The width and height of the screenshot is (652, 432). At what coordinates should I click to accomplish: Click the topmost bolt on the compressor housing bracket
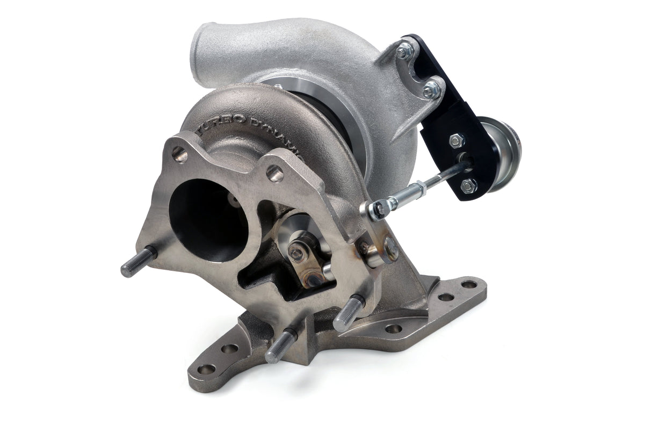[x=404, y=52]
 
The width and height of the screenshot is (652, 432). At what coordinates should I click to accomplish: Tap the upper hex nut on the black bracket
[x=456, y=141]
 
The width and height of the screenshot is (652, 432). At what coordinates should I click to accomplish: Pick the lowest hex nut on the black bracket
[x=468, y=185]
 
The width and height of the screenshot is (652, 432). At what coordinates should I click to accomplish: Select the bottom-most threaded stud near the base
[x=279, y=346]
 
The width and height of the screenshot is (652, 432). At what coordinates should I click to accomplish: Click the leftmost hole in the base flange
[x=206, y=369]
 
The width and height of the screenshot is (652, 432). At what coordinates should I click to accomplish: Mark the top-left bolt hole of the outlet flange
[x=180, y=155]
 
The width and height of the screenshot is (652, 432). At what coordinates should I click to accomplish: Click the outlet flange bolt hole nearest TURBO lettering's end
[x=274, y=173]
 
